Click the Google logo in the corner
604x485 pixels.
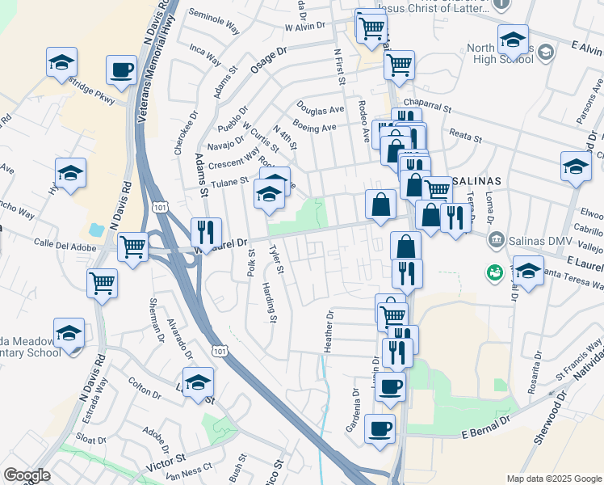pos(27,475)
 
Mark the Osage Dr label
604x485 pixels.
pos(268,61)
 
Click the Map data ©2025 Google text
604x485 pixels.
pos(554,479)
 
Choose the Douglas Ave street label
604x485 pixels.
pos(320,108)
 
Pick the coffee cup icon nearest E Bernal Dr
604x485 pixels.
pos(380,428)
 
